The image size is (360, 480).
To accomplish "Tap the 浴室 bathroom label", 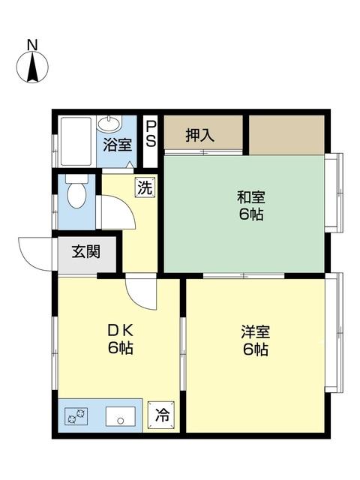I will point(115,145).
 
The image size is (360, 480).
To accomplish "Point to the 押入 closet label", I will point(199,136).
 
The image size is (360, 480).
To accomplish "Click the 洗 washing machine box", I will point(145,187).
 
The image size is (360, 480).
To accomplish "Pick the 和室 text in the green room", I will point(251,198).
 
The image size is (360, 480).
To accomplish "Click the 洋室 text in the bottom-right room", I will point(255,331).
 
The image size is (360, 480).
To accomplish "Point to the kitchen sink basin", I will point(120,416).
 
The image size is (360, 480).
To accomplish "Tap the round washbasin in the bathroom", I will point(112,124).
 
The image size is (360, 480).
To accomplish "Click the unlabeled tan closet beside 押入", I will point(286,134).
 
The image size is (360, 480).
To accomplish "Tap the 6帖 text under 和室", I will point(251,214).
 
